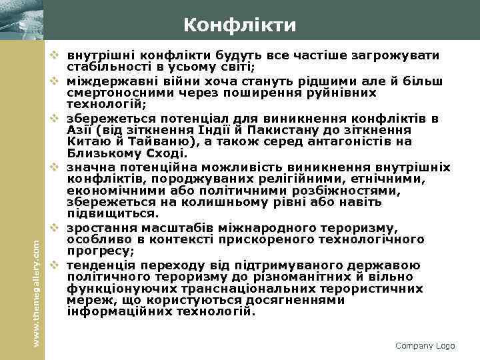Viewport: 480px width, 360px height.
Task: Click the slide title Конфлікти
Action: (240, 25)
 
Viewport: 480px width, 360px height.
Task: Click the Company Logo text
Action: (425, 345)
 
